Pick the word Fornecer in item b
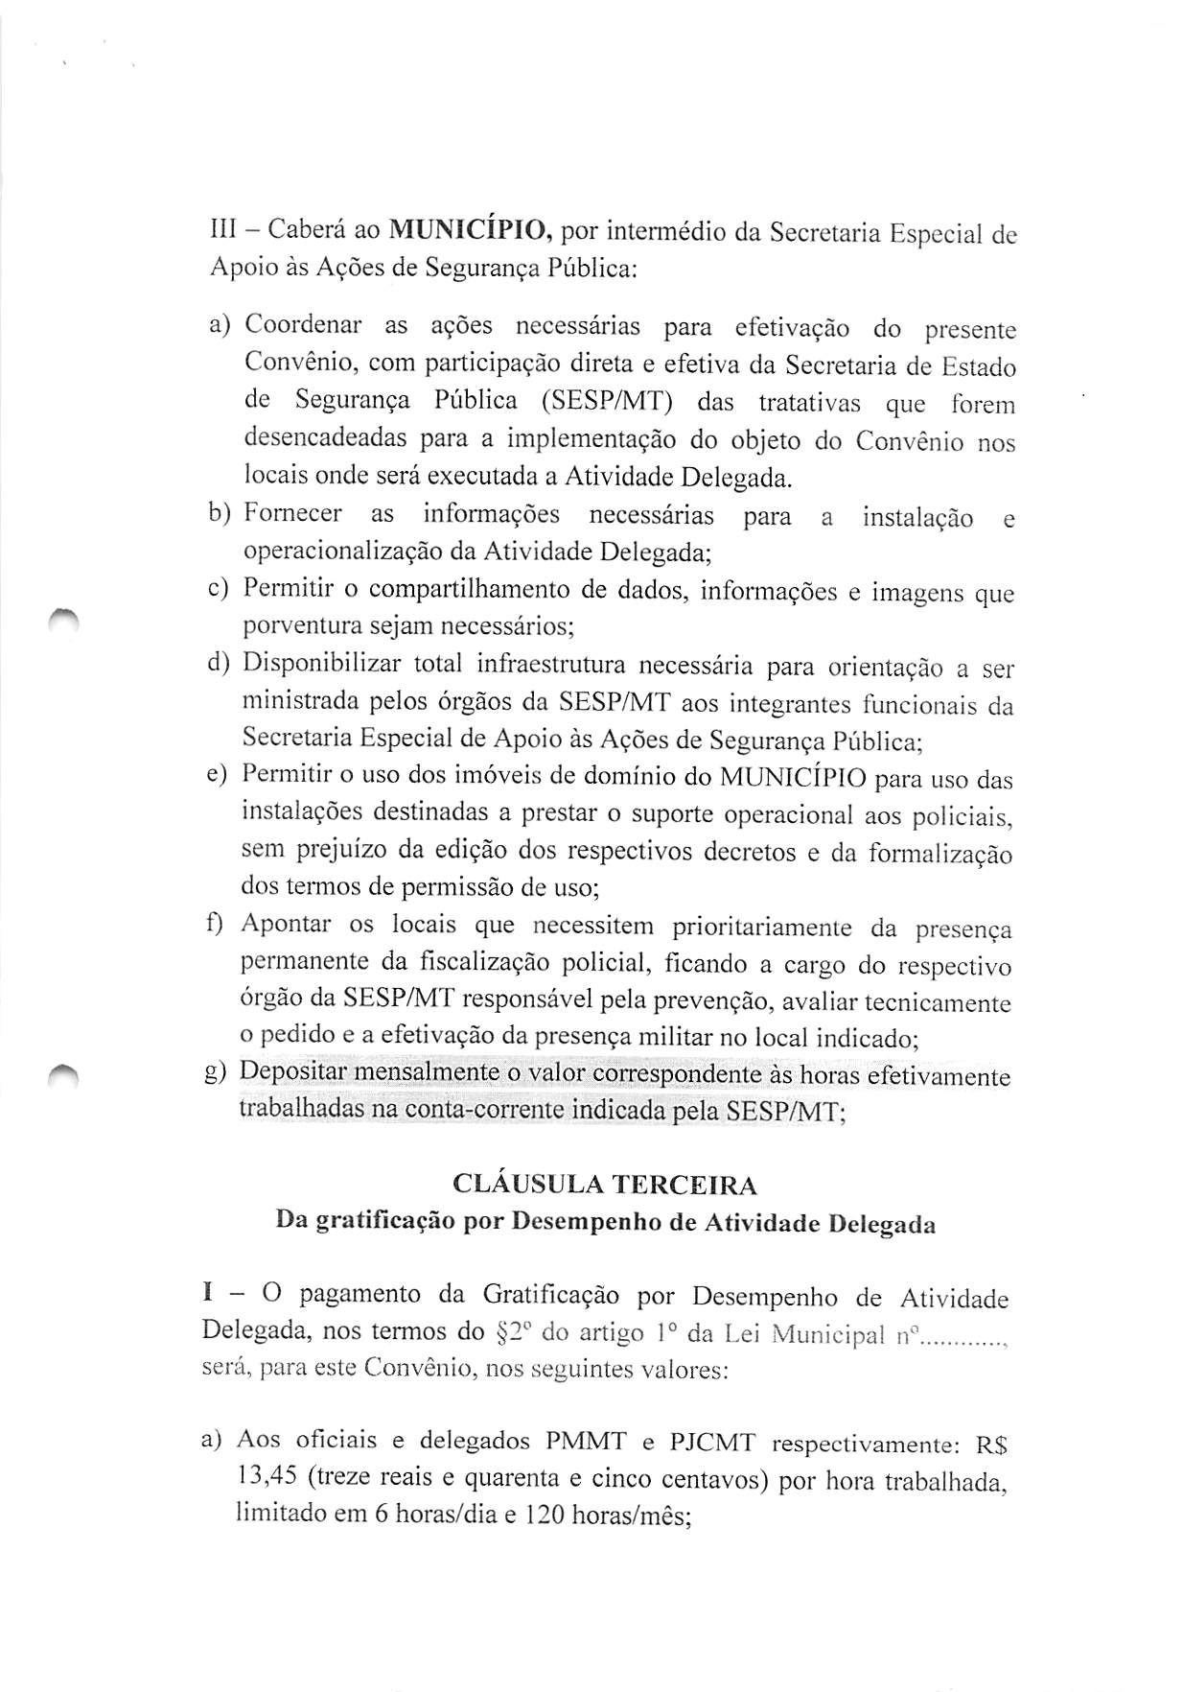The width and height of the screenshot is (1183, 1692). [292, 514]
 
